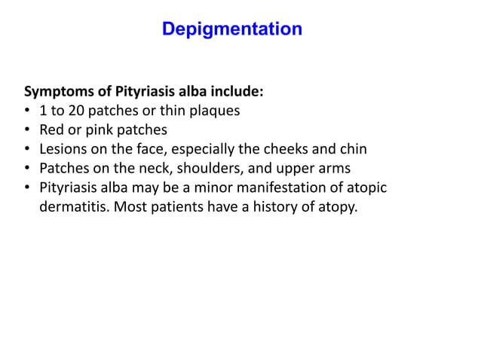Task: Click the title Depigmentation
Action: click(232, 29)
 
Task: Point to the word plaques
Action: click(214, 111)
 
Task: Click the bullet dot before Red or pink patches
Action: click(28, 130)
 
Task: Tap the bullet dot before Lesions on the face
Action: click(28, 148)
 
